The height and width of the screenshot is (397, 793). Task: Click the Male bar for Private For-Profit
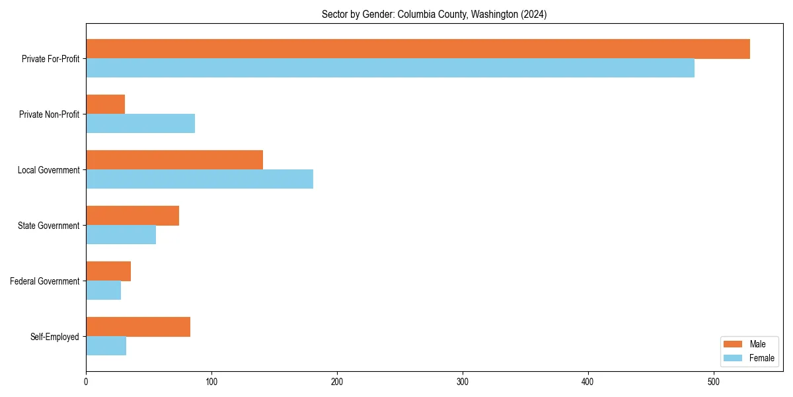pos(418,49)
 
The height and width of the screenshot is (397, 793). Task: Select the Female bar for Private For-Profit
pos(390,68)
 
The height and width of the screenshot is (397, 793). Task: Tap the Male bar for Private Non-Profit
pos(106,105)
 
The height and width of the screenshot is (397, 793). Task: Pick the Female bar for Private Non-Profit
pos(140,124)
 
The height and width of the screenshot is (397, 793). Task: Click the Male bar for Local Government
pos(174,160)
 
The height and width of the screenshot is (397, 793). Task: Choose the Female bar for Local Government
pos(200,179)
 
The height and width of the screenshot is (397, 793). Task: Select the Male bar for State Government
pos(132,216)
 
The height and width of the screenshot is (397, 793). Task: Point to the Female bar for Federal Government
pos(103,290)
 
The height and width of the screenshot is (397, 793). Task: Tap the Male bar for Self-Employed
pos(138,327)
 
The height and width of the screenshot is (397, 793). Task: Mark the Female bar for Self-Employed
pos(106,346)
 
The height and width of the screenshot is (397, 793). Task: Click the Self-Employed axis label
pos(54,337)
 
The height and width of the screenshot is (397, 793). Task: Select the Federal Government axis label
pos(44,281)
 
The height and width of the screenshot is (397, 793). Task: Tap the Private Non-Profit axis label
pos(49,114)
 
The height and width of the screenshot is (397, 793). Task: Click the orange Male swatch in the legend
pos(733,344)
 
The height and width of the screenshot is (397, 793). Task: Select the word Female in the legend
pos(762,358)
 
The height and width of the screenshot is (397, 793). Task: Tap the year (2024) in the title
pos(533,14)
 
